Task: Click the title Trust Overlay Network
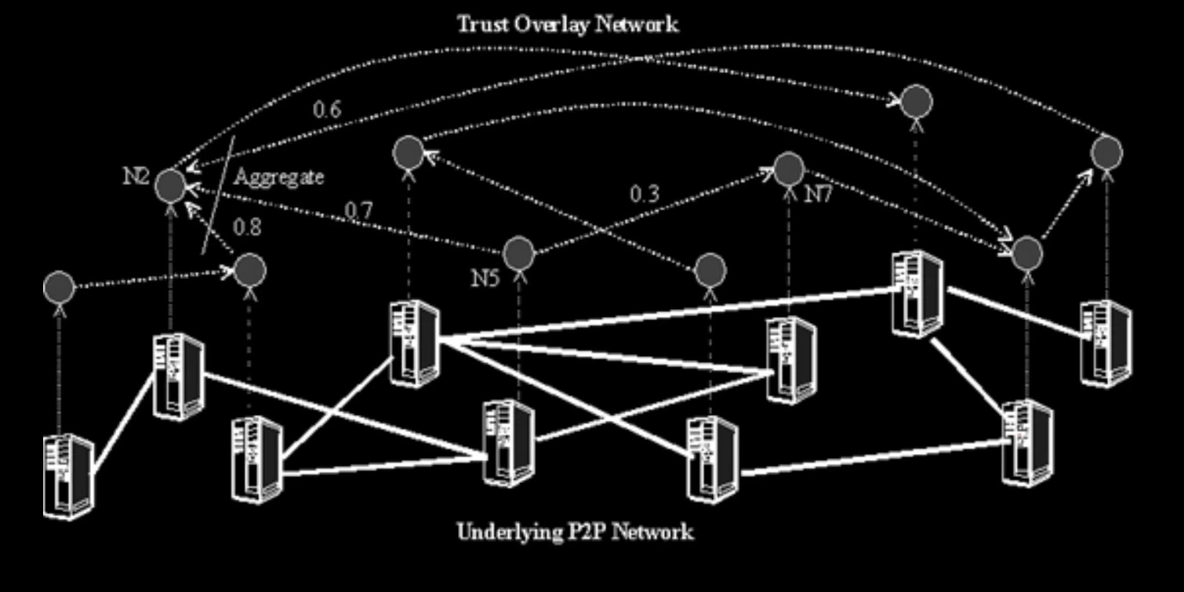click(x=568, y=24)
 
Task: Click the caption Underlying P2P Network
click(x=575, y=532)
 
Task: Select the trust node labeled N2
click(x=170, y=186)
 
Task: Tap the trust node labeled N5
click(x=518, y=253)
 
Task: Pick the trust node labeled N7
click(x=789, y=170)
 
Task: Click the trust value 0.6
click(x=327, y=110)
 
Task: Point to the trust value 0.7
click(x=358, y=210)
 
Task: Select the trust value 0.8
click(x=247, y=227)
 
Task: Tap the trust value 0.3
click(x=645, y=194)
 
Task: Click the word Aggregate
click(x=278, y=177)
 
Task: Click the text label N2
click(x=136, y=176)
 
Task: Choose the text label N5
click(x=485, y=278)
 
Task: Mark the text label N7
click(x=818, y=194)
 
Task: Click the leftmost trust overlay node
click(x=59, y=288)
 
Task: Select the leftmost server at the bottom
click(x=68, y=476)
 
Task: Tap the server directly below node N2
click(x=179, y=376)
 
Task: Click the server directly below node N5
click(x=509, y=443)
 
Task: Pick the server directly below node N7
click(x=791, y=360)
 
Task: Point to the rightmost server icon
click(x=1106, y=343)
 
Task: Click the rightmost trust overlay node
click(x=1106, y=152)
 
